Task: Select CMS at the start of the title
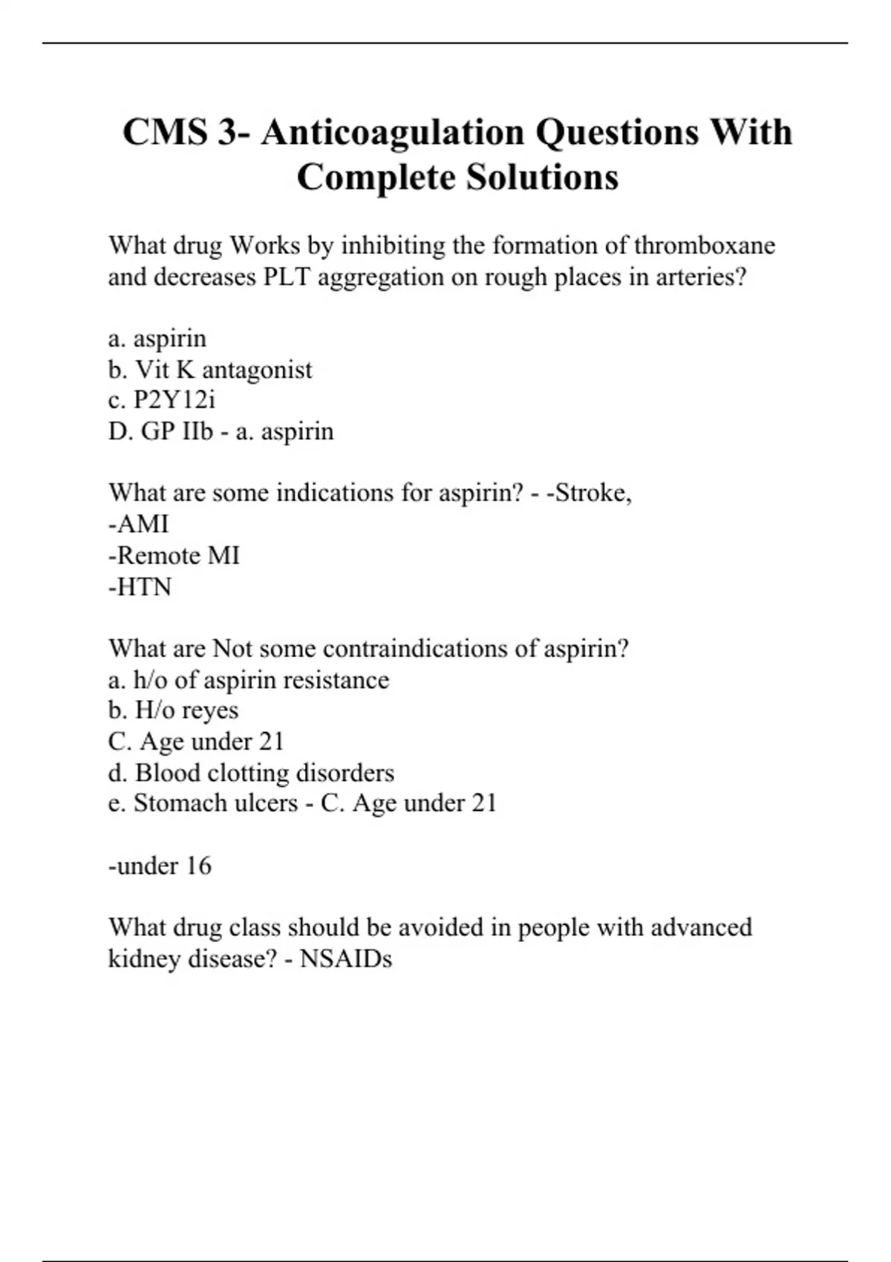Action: pos(165,133)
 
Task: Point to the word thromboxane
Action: pos(705,246)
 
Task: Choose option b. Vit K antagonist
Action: pos(210,370)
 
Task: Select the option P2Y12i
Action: pos(174,401)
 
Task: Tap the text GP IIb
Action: pos(177,431)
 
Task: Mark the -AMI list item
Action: pos(139,524)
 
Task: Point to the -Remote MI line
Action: pos(174,555)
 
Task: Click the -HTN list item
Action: pos(140,587)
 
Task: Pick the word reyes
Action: pos(210,710)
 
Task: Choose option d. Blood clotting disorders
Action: pos(251,773)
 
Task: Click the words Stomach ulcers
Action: pos(215,803)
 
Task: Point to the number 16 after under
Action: pos(199,866)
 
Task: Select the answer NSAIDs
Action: pos(346,959)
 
